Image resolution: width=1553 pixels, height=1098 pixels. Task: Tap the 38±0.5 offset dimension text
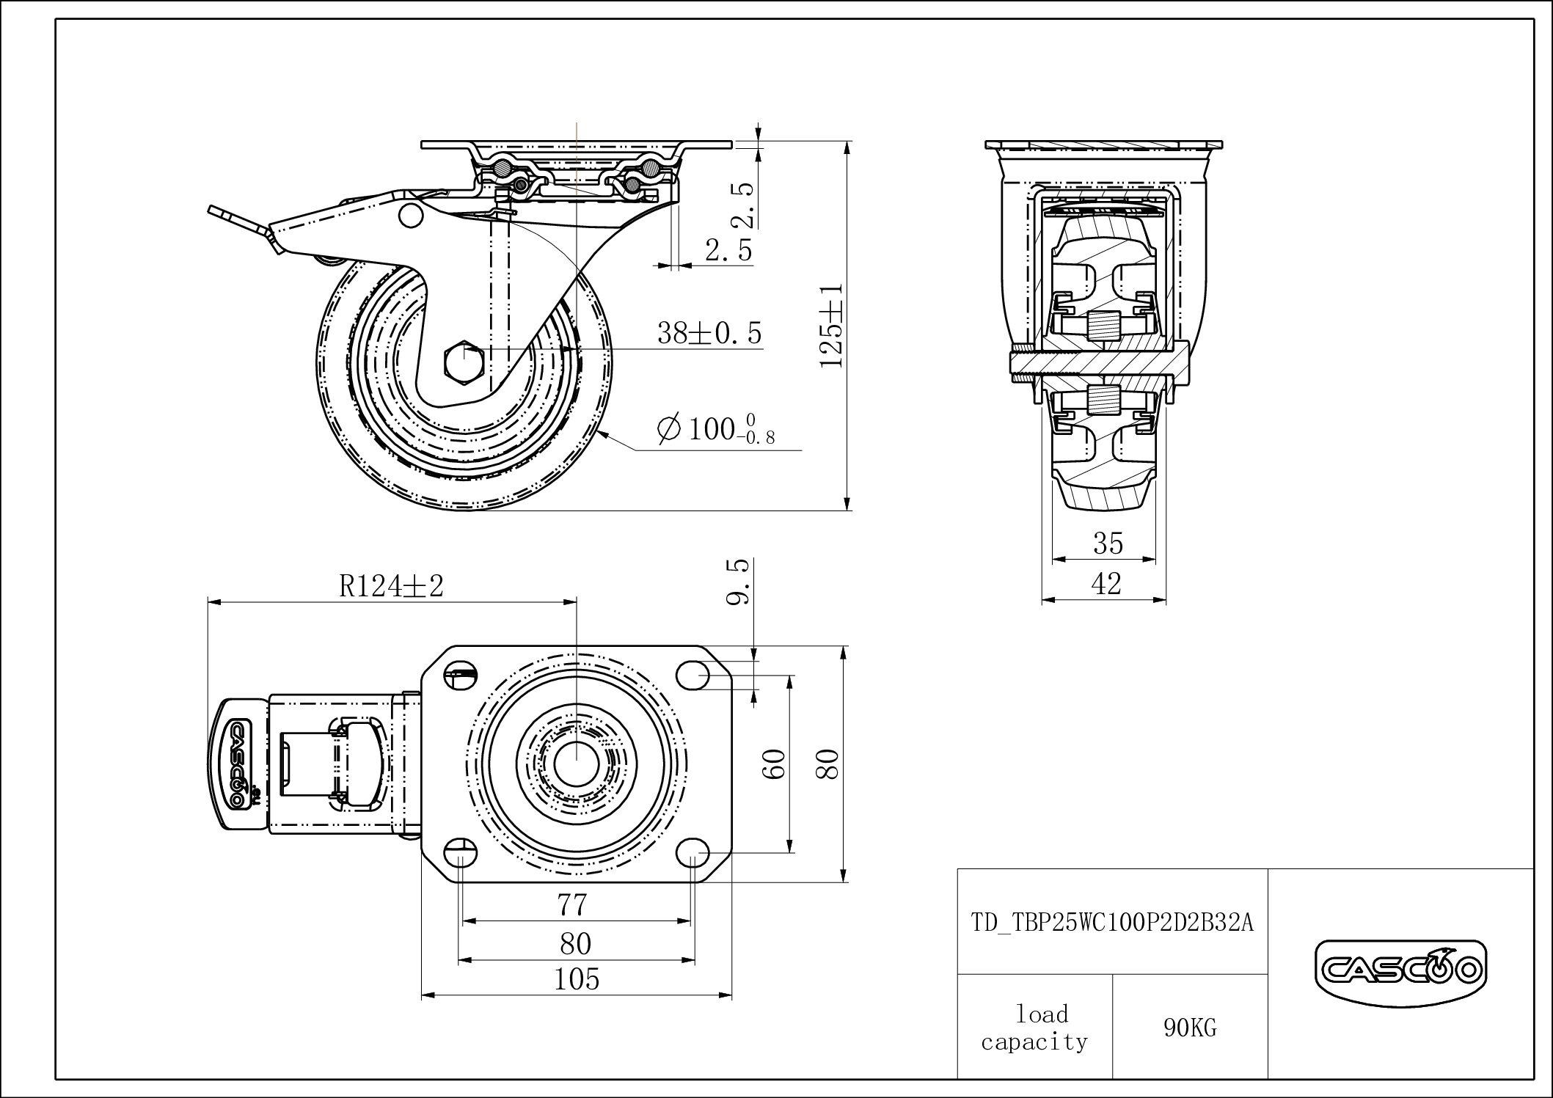[709, 334]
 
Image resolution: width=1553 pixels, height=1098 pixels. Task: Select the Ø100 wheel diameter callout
[717, 430]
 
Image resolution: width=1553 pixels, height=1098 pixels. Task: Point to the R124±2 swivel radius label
[392, 586]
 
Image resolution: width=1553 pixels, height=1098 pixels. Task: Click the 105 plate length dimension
[577, 979]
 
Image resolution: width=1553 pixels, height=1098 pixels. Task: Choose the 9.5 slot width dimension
[739, 582]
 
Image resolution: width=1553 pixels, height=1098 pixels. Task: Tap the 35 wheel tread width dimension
[1108, 543]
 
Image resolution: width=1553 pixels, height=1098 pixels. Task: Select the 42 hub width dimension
[1106, 584]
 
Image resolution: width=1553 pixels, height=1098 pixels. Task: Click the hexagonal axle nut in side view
[462, 362]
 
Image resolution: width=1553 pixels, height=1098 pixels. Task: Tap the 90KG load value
[1189, 1028]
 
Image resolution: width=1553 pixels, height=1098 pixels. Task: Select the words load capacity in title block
[1034, 1028]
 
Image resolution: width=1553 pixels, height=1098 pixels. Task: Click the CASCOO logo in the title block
[1400, 970]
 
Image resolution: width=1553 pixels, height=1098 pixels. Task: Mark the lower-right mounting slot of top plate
[692, 853]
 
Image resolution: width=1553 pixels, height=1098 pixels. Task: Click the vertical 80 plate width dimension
[830, 764]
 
